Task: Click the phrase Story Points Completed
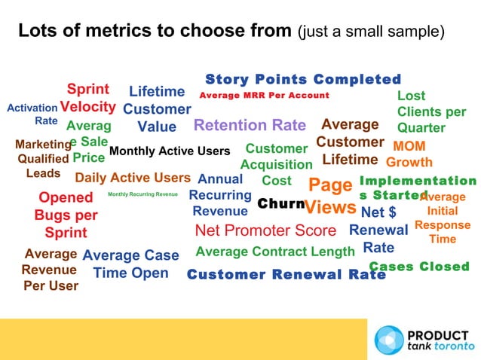[303, 80]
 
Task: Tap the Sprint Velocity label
[87, 98]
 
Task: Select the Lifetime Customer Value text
[157, 109]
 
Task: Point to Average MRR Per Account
[264, 96]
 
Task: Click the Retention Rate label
[250, 125]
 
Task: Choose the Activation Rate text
[32, 114]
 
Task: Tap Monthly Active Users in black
[169, 151]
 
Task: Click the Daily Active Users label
[133, 178]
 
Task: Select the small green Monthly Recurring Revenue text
[142, 194]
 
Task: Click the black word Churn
[280, 204]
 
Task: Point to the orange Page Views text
[330, 196]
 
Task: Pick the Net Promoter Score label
[265, 230]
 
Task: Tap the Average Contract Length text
[274, 251]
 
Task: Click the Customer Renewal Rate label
[286, 275]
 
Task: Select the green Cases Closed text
[419, 267]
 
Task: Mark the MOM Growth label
[409, 154]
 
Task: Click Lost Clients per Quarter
[431, 111]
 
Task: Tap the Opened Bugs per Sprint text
[67, 215]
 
